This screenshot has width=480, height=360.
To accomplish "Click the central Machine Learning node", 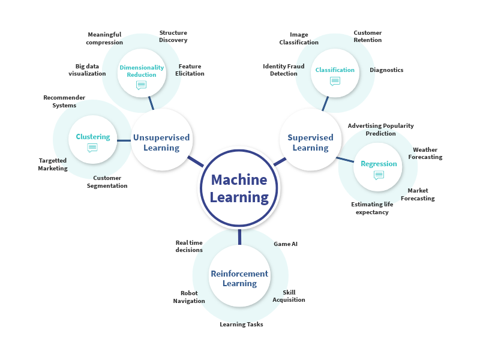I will [239, 188].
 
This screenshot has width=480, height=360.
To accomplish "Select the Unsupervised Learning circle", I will [161, 142].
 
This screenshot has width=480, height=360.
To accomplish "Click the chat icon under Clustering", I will [92, 148].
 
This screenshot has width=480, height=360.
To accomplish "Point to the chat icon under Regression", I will [379, 175].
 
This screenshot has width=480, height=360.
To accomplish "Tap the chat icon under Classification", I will [335, 81].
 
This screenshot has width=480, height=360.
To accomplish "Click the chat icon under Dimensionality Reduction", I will [141, 85].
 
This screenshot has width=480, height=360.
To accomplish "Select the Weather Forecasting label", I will [425, 153].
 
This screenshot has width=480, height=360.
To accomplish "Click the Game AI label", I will [286, 244].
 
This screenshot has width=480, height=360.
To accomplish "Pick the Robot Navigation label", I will [189, 297].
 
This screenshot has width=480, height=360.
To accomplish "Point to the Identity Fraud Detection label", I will [284, 70].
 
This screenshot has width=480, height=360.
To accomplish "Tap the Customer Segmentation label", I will [107, 182].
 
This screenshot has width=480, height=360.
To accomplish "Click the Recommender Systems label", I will [64, 101].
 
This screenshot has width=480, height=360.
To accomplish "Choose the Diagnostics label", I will [386, 70].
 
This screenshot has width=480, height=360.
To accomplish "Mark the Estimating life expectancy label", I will [372, 208].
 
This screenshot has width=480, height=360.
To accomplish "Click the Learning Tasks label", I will [241, 325].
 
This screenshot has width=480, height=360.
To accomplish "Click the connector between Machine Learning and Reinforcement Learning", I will [239, 237].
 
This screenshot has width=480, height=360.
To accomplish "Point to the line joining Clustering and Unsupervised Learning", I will [124, 140].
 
